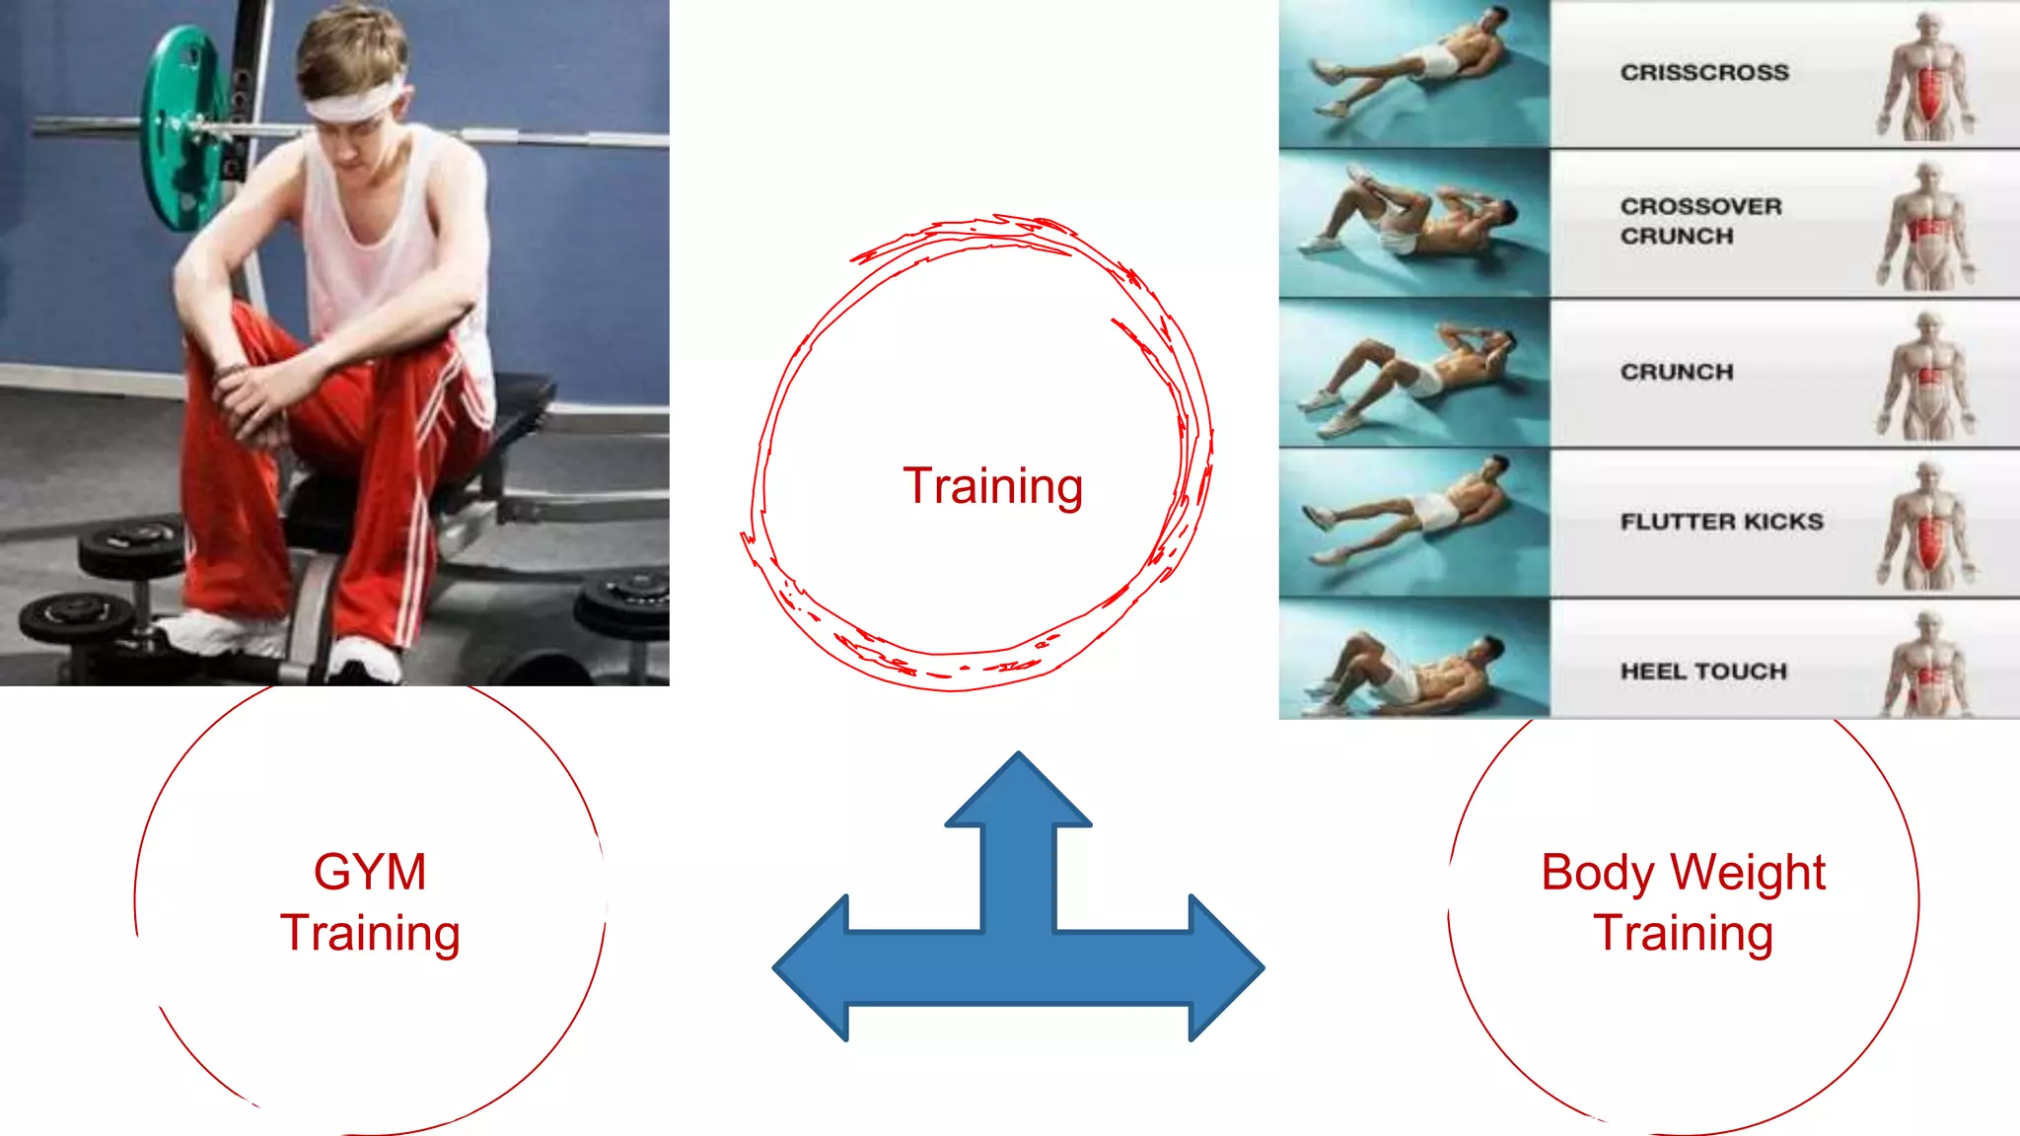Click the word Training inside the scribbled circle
(x=992, y=486)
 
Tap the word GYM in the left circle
(x=370, y=873)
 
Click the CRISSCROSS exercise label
(x=1704, y=72)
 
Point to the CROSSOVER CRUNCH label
(x=1700, y=221)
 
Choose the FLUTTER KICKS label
(x=1721, y=522)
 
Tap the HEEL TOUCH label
(x=1703, y=672)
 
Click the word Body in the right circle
(x=1598, y=873)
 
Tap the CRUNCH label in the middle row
(x=1676, y=372)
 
